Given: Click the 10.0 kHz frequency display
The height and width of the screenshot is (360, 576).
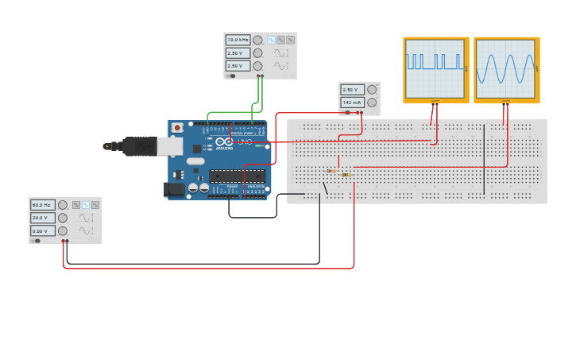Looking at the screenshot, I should [x=238, y=40].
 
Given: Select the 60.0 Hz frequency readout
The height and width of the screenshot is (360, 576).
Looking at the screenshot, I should [x=43, y=205].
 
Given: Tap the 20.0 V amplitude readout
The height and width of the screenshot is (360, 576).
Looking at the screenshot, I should [x=43, y=218].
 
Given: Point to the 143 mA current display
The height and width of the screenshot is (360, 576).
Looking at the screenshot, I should [x=352, y=103].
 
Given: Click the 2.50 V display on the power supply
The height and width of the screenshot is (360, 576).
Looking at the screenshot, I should [x=352, y=90].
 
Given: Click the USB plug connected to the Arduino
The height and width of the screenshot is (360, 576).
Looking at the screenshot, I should [x=140, y=146].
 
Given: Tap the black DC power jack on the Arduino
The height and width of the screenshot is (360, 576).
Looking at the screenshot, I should [x=173, y=189].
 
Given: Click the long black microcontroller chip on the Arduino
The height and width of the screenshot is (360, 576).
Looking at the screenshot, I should [x=238, y=176].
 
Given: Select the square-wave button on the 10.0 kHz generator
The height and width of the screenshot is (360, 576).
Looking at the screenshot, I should [x=271, y=40].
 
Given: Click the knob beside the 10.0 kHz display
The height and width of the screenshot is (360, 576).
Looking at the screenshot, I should [x=257, y=40].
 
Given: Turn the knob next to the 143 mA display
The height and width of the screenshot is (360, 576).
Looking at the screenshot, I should [x=372, y=103].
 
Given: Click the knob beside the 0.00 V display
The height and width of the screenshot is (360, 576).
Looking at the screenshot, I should [x=62, y=230].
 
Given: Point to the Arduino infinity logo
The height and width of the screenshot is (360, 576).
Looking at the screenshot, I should [x=225, y=141].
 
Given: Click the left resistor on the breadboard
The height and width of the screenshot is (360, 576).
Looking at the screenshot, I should [x=333, y=171].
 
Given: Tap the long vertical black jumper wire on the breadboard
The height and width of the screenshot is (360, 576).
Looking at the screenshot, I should [x=484, y=159].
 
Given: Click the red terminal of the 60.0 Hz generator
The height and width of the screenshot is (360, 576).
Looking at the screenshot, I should [x=63, y=240].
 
